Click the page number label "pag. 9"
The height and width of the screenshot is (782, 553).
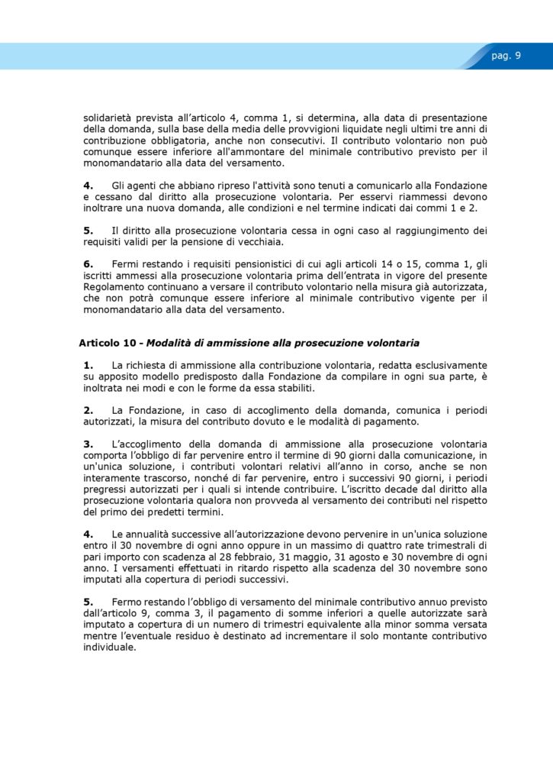click(x=506, y=56)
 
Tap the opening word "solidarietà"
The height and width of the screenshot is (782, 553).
click(x=111, y=118)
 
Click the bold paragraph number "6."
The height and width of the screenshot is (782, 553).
click(x=88, y=263)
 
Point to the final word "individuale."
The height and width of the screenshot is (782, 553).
click(x=110, y=647)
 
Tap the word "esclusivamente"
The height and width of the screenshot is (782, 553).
click(x=450, y=365)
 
